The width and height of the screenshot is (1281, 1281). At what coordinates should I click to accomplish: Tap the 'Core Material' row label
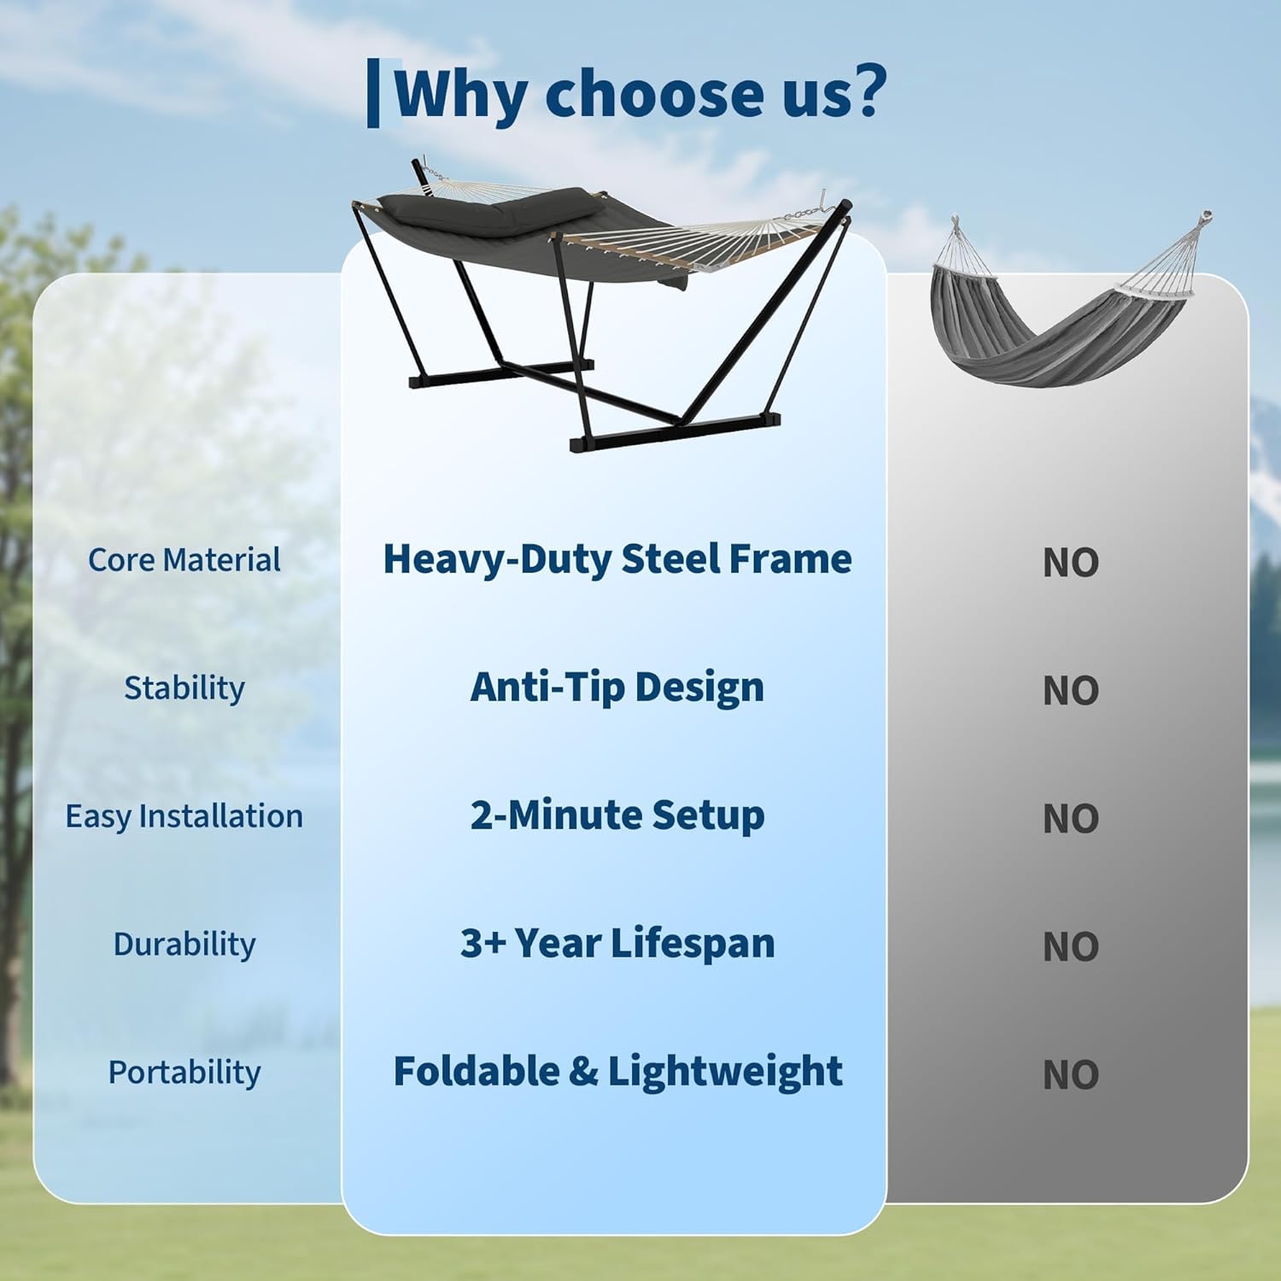click(x=184, y=560)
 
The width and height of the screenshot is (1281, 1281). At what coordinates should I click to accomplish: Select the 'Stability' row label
click(x=184, y=688)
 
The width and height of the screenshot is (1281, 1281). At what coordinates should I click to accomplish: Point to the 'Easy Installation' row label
click(x=184, y=816)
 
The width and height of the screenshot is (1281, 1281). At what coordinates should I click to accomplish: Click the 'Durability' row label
click(x=184, y=945)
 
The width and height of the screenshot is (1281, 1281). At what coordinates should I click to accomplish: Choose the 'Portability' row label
click(x=184, y=1073)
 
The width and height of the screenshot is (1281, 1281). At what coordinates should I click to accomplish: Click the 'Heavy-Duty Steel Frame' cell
click(x=617, y=559)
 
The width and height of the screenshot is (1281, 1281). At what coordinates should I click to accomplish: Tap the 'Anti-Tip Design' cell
click(x=617, y=687)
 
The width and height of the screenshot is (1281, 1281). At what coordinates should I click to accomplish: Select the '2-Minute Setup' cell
click(x=617, y=816)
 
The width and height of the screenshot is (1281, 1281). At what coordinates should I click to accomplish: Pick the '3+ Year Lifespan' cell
click(x=617, y=944)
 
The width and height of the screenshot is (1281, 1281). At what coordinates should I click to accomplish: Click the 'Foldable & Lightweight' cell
click(x=617, y=1072)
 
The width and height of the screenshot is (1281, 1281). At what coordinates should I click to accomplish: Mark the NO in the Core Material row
click(x=1070, y=563)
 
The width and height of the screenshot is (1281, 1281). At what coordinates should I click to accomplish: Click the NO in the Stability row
click(x=1070, y=691)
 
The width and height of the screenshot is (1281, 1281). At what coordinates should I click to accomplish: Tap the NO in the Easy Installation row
click(x=1070, y=819)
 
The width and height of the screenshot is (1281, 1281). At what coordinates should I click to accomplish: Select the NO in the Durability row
click(x=1070, y=947)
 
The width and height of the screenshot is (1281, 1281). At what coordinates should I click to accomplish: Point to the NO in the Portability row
click(x=1070, y=1075)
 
